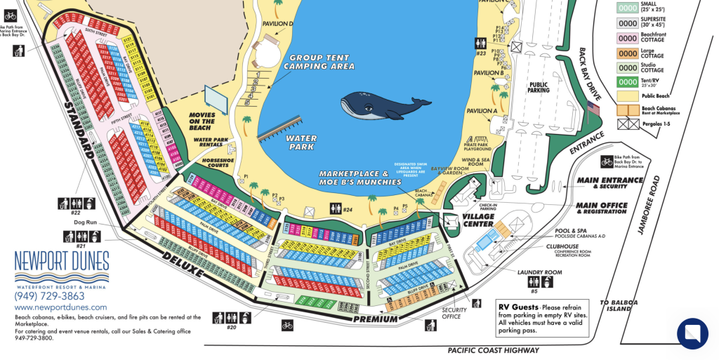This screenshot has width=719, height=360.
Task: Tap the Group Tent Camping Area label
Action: point(319,62)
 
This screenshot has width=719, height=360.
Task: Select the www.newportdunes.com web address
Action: point(61,307)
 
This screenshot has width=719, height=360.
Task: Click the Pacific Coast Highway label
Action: point(493,349)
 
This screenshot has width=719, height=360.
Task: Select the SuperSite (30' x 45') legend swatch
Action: point(627,22)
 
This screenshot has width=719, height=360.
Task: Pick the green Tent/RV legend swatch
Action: point(627,82)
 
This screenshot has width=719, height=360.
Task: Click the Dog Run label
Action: point(84,222)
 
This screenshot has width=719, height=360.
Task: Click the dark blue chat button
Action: point(693,333)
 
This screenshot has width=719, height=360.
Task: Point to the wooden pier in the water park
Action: point(283,130)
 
